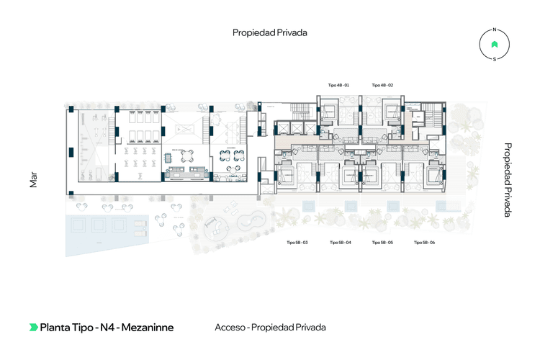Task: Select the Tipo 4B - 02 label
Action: [x=382, y=85]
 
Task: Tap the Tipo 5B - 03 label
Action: [x=297, y=243]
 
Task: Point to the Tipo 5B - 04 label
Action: [x=340, y=243]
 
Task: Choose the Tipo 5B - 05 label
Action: [x=382, y=243]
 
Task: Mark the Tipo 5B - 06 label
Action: [x=425, y=243]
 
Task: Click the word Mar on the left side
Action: [x=33, y=180]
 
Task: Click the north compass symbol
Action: [x=494, y=45]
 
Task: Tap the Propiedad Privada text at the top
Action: [x=270, y=32]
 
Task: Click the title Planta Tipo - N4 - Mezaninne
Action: [x=107, y=327]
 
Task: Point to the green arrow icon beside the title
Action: [x=33, y=327]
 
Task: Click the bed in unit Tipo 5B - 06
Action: [x=434, y=175]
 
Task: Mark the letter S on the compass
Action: [x=494, y=60]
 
